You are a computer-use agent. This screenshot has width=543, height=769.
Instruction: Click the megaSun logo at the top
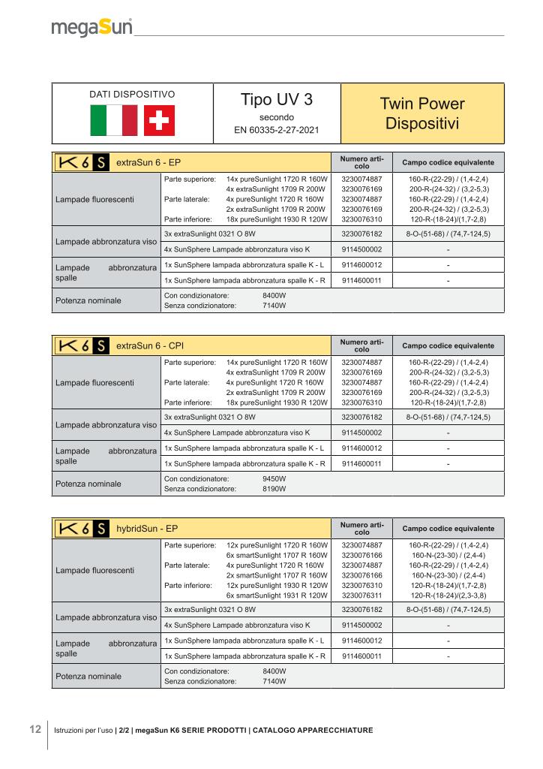tap(92, 28)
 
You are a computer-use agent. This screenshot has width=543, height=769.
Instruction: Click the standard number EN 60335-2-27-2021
tap(277, 131)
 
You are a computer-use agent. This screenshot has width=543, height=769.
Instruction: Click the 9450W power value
tap(274, 478)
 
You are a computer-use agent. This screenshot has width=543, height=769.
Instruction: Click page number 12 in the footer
tap(34, 729)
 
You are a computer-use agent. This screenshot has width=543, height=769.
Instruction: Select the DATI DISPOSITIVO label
tap(132, 95)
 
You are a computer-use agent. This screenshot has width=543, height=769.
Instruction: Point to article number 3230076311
tap(361, 595)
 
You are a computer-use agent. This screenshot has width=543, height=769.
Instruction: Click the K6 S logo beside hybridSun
tap(82, 529)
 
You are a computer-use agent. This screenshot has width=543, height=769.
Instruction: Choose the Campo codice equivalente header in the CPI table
tap(448, 345)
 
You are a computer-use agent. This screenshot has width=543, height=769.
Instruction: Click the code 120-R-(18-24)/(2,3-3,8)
tap(448, 595)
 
